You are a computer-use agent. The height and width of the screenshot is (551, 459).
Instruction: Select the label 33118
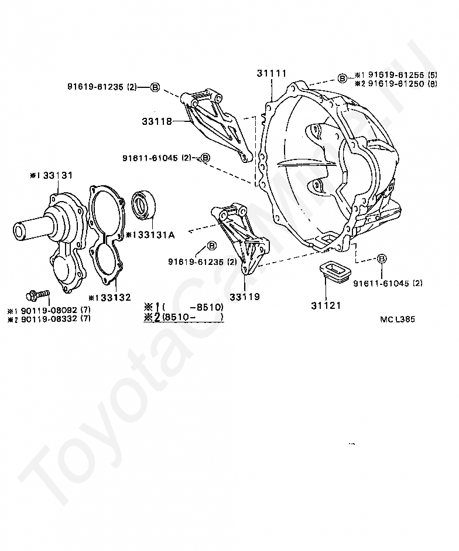(156, 122)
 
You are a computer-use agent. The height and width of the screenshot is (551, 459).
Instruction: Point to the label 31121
(326, 305)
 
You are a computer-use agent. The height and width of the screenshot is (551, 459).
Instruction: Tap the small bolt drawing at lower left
(36, 293)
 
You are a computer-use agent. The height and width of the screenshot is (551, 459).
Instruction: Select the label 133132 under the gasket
(113, 298)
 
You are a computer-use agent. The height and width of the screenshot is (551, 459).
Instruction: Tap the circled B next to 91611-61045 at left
(205, 158)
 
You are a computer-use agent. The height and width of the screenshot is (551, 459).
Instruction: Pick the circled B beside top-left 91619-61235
(155, 87)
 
